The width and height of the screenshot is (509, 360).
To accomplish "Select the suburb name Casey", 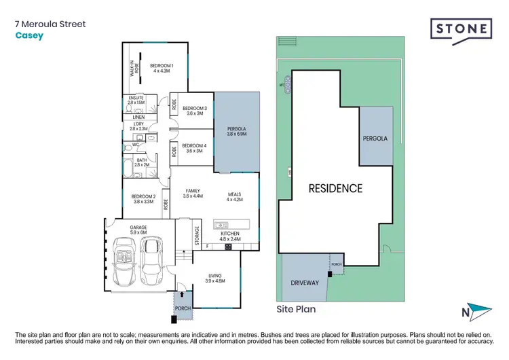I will point(29,36).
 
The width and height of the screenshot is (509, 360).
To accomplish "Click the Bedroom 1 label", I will point(162,68).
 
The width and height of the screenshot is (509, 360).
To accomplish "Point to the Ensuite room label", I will point(136,100).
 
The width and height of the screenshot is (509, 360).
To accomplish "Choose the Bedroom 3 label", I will point(194,111).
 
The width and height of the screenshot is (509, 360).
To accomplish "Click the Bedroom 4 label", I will point(194,148).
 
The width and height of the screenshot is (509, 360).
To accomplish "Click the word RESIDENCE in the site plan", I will point(335,188).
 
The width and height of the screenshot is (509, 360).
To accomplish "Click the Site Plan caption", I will point(296,308).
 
